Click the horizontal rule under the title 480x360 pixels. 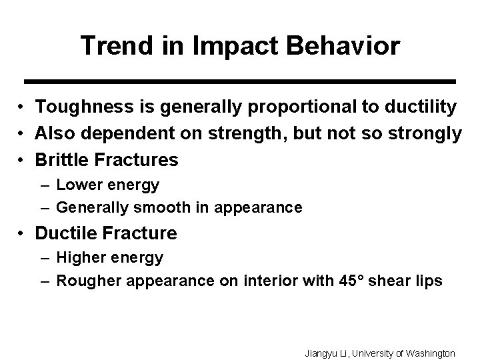(239, 81)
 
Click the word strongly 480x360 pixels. (426, 133)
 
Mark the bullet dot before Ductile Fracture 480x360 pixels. (22, 234)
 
